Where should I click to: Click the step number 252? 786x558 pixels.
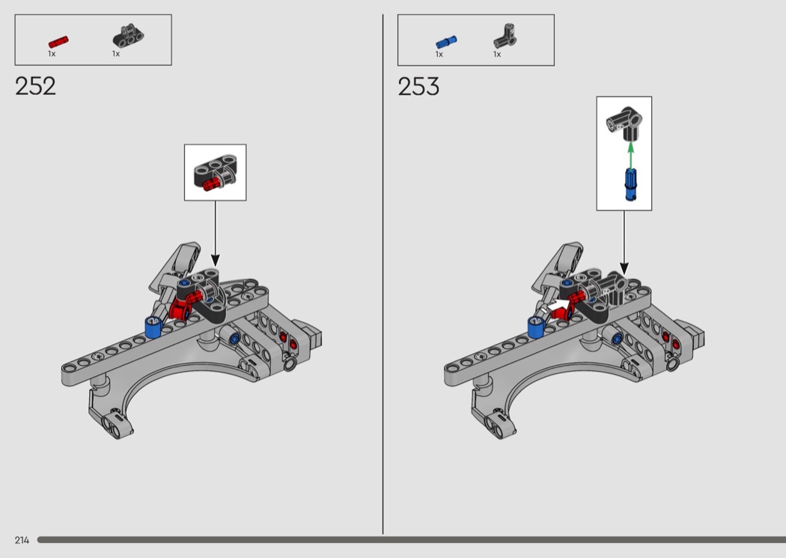coord(35,86)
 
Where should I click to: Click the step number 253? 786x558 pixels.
coord(418,87)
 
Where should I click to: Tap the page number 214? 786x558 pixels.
coord(22,540)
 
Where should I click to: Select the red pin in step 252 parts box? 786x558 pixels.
coord(58,42)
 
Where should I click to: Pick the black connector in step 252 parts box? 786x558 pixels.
coord(128,36)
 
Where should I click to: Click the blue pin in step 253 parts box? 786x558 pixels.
coord(446,42)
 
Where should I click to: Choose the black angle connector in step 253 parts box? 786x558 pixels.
coord(505,36)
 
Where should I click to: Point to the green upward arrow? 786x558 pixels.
coord(630,155)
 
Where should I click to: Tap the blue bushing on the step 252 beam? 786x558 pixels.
coord(153,327)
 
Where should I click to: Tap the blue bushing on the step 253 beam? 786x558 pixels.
coord(536,327)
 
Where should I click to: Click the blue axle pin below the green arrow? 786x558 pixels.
coord(630,184)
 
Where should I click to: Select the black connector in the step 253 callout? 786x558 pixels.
coord(624,122)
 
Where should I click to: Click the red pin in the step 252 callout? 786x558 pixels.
coord(212,184)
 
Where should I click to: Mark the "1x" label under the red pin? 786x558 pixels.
coord(52,54)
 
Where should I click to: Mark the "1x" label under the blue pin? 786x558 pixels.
coord(439,54)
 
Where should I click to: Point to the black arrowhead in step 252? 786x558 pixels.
coord(215,260)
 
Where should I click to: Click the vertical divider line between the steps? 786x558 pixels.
coord(383,274)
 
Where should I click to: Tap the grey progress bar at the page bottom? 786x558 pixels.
coord(412,539)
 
